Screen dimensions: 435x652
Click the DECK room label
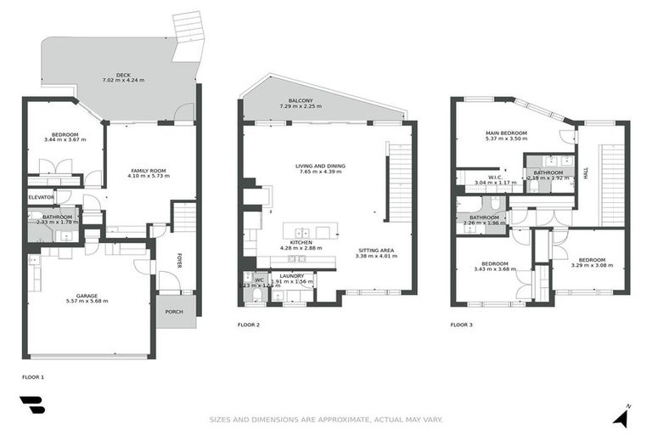124,74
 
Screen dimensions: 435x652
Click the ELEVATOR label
42,197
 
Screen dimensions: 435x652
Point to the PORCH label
173,312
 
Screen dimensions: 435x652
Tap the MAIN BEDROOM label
506,133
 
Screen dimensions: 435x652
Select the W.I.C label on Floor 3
484,178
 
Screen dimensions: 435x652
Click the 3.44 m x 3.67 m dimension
65,141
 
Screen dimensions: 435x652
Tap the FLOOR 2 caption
249,325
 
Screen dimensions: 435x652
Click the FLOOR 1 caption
32,375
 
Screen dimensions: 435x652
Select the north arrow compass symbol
624,415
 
